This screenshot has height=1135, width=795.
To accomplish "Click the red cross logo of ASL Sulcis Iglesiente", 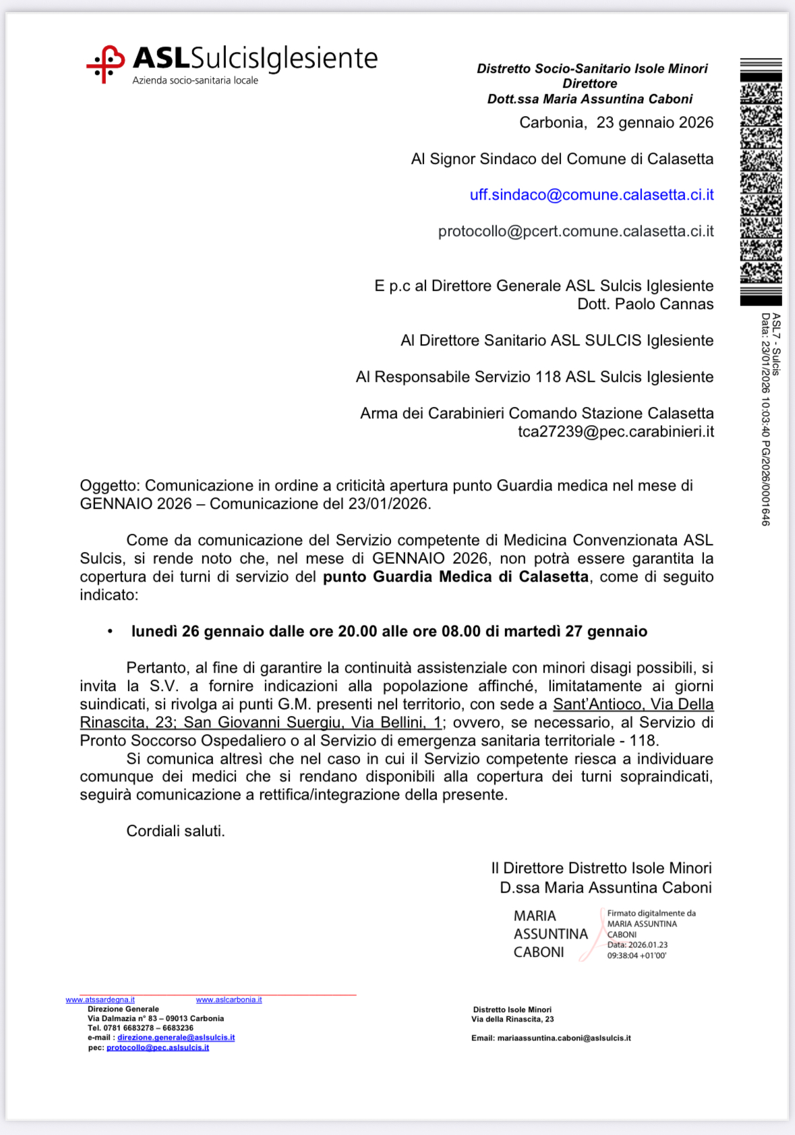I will click(105, 65).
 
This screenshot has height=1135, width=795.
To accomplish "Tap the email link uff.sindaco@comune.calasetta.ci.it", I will click(591, 195).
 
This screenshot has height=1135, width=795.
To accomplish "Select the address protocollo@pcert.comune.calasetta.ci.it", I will click(575, 231).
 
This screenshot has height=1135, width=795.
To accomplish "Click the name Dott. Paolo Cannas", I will click(645, 304).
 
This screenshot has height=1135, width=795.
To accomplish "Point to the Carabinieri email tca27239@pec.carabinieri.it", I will click(615, 432).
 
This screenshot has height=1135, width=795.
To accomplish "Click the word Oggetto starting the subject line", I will click(109, 486).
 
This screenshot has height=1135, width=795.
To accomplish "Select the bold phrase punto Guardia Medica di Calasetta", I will click(455, 577).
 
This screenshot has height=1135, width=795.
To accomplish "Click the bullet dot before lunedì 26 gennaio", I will click(110, 632).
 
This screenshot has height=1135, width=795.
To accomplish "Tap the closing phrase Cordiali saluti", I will click(175, 831).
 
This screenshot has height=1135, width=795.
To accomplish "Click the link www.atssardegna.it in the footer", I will click(100, 1000).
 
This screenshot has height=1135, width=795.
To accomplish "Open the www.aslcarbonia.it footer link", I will click(229, 1000).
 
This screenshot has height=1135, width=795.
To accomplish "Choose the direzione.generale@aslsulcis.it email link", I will click(176, 1038).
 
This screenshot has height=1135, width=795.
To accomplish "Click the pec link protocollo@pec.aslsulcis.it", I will click(158, 1048).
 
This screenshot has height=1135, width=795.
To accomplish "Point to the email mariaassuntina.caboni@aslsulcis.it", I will click(564, 1039).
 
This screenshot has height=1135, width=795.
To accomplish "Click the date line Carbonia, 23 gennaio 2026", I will click(616, 123).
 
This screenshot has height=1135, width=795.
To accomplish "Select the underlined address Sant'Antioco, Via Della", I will click(632, 704).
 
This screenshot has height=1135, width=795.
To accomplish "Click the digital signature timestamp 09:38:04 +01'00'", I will click(637, 956).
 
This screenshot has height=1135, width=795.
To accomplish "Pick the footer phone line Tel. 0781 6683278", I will click(140, 1028).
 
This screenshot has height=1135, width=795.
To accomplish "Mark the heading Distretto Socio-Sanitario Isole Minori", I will click(591, 69).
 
